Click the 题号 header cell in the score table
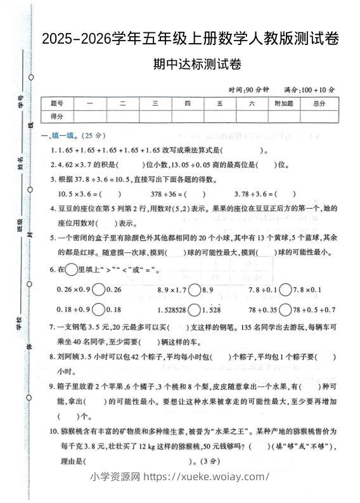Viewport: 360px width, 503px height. coord(57,104)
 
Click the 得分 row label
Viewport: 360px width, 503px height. coord(57,116)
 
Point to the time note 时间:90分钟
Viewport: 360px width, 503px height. coord(248,89)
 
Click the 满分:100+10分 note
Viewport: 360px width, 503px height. coord(309,89)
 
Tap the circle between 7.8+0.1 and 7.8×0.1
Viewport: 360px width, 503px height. coord(286,290)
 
